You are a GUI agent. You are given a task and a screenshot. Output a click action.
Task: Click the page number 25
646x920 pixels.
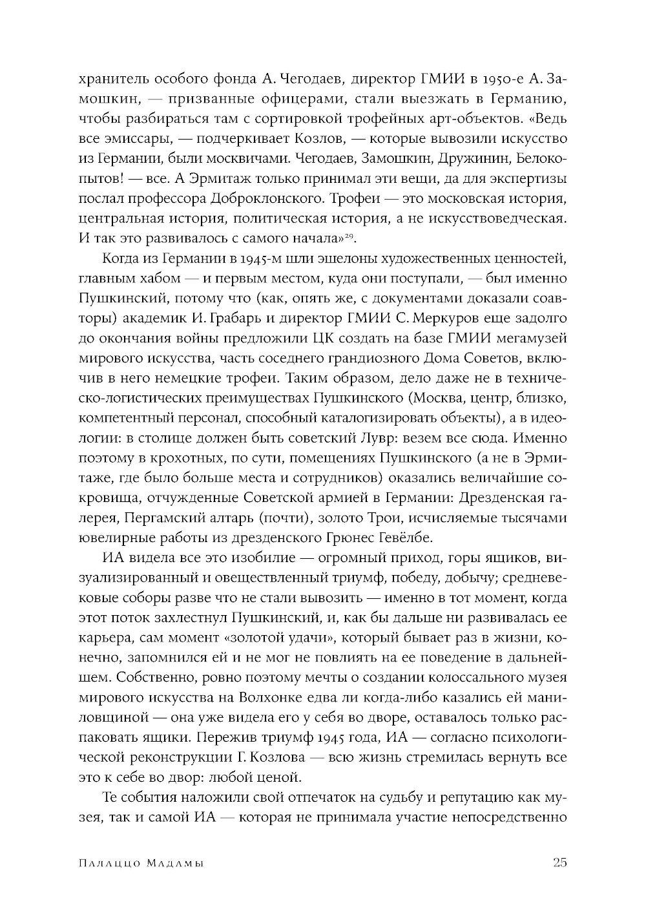pyautogui.click(x=559, y=863)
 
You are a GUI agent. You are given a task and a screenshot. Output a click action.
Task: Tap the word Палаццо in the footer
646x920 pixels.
pyautogui.click(x=110, y=864)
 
